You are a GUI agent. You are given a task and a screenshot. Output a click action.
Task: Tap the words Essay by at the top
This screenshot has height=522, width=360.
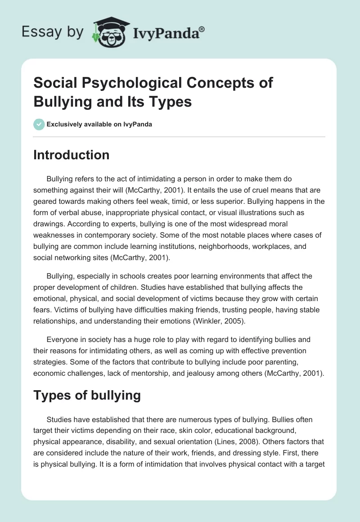(x=52, y=32)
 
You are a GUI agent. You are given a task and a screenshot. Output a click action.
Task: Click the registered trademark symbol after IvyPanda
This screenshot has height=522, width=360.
(x=202, y=30)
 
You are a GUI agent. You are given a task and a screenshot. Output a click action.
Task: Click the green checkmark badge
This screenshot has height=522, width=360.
(x=39, y=124)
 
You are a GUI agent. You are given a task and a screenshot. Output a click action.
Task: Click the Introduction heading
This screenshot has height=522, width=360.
(x=72, y=155)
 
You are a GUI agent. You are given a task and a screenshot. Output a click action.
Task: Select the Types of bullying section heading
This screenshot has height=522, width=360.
(x=87, y=395)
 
